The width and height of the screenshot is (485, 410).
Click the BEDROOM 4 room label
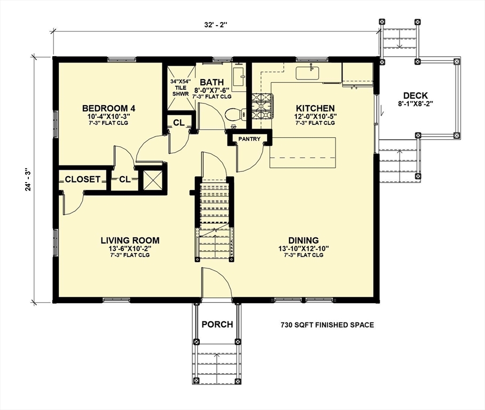108,108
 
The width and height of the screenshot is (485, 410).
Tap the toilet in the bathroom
235,114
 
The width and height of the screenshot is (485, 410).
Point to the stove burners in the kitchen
262,106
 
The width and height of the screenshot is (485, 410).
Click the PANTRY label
249,139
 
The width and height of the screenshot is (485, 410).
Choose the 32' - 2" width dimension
216,25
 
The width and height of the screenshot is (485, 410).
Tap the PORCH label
217,325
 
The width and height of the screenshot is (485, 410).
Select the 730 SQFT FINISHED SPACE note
327,325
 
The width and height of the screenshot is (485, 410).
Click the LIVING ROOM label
130,240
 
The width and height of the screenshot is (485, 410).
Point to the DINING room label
303,240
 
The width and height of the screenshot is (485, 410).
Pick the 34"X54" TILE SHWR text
181,88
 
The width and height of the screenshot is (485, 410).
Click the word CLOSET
83,179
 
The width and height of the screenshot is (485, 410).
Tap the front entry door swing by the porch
216,283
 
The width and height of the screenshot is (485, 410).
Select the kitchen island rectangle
303,153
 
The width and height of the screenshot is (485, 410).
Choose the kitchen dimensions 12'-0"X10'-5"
315,116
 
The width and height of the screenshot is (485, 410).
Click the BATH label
212,82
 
